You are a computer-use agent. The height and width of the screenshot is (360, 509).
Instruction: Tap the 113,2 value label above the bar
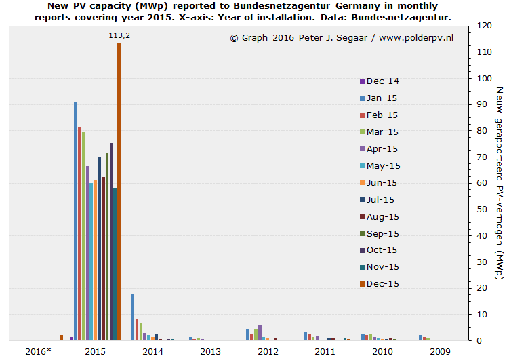coord(119,35)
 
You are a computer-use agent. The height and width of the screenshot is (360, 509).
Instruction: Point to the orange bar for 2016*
coord(61,337)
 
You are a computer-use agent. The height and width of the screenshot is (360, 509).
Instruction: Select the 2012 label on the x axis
coord(268,351)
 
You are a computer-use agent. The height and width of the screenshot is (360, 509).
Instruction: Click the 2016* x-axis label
coord(38,351)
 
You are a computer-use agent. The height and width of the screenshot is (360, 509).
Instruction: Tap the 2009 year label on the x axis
coord(441,351)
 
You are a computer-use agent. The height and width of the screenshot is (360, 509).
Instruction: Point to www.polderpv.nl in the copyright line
coord(415,38)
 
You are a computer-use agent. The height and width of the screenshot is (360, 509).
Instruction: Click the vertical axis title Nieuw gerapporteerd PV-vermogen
coord(500,183)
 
